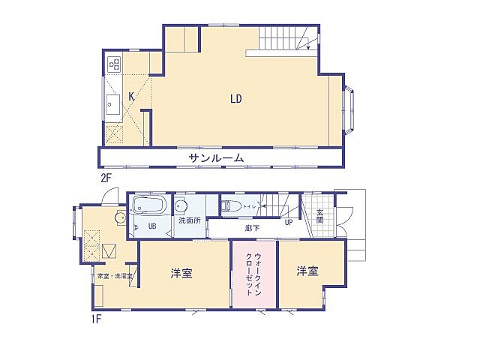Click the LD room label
tap(235, 97)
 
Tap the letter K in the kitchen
tap(131, 96)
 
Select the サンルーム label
tap(216, 157)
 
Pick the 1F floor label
tap(96, 317)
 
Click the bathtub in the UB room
tap(151, 205)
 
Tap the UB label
tap(151, 226)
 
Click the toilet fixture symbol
tap(232, 205)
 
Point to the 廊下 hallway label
tap(251, 226)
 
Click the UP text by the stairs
tap(287, 223)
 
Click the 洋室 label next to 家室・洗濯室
tap(181, 273)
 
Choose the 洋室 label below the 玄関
tap(307, 271)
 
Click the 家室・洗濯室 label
tap(115, 276)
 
